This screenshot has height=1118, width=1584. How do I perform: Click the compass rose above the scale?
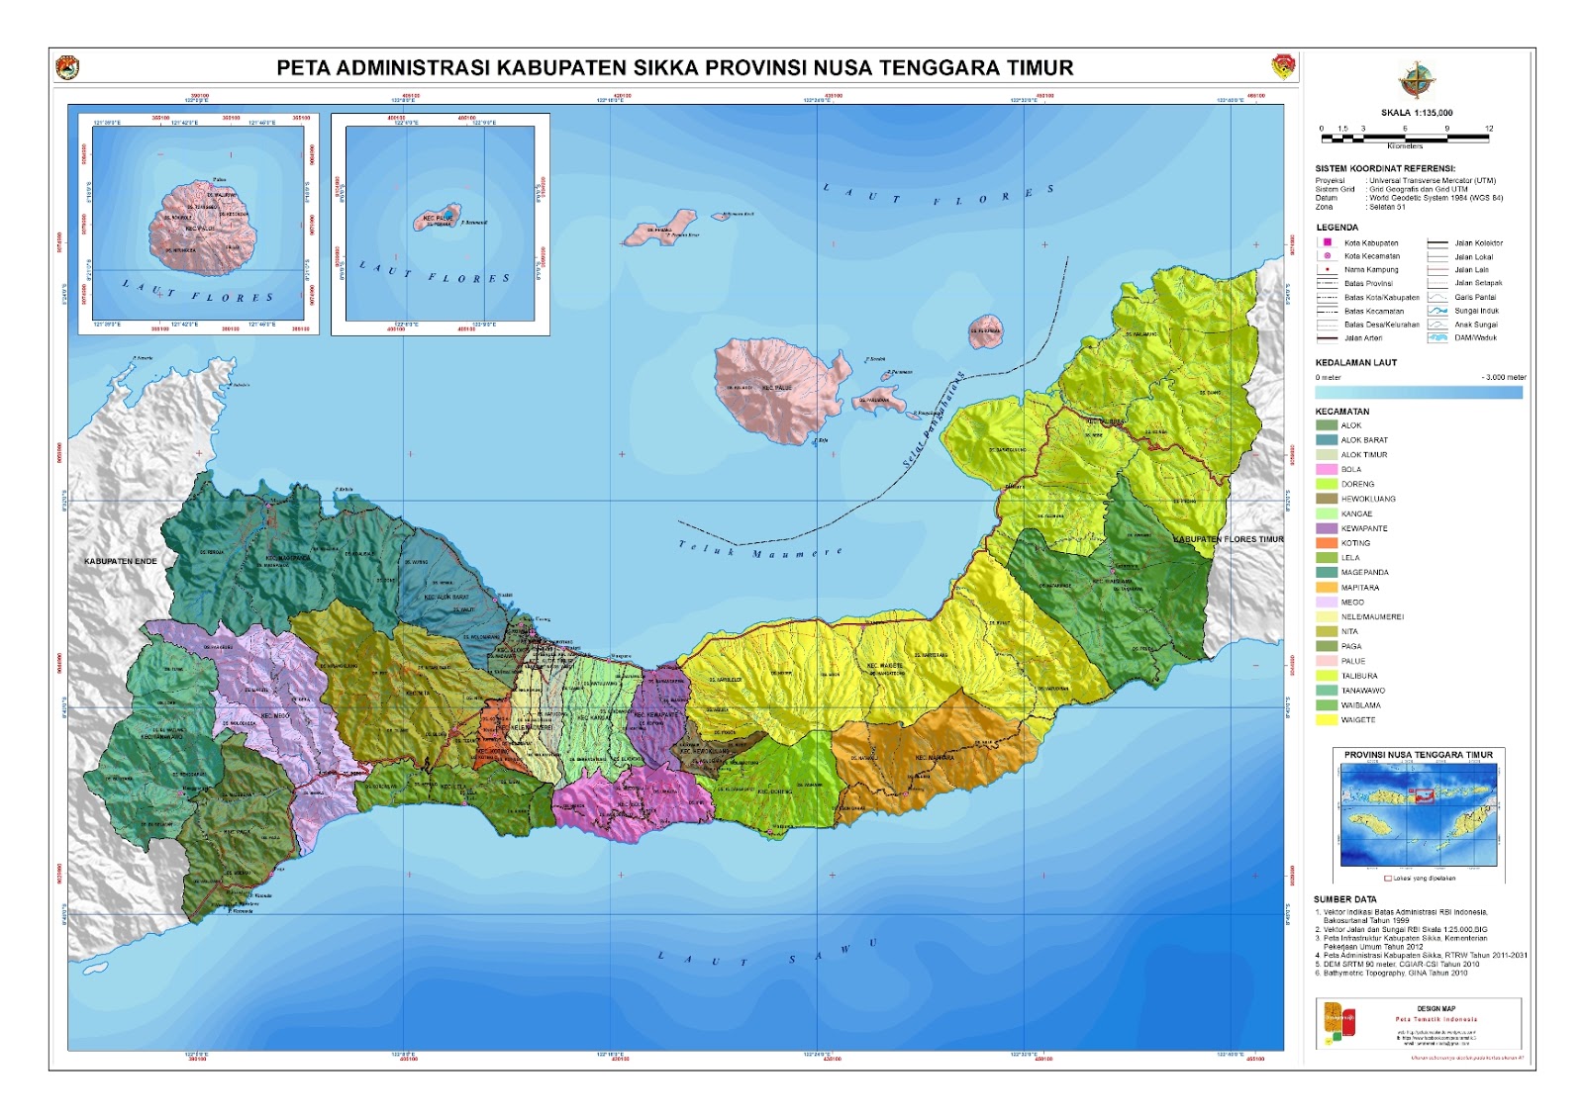pyautogui.click(x=1417, y=80)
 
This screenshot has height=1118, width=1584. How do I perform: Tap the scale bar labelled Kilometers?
pyautogui.click(x=1404, y=138)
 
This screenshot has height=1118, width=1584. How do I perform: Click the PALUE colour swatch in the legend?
pyautogui.click(x=1326, y=661)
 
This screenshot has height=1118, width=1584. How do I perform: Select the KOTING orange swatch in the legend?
pyautogui.click(x=1326, y=543)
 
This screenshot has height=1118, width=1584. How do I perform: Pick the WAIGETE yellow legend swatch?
pyautogui.click(x=1326, y=720)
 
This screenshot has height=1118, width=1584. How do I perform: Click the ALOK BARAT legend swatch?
pyautogui.click(x=1326, y=440)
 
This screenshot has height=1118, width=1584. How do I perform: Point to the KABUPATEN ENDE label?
pyautogui.click(x=121, y=561)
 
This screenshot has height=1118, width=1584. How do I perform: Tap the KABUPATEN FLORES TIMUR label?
pyautogui.click(x=1228, y=539)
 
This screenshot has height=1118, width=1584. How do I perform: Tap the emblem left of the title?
pyautogui.click(x=67, y=68)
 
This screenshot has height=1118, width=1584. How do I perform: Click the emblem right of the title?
pyautogui.click(x=1283, y=67)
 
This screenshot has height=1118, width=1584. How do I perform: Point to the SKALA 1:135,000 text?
pyautogui.click(x=1417, y=113)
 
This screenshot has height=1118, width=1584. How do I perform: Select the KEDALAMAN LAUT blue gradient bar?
pyautogui.click(x=1418, y=393)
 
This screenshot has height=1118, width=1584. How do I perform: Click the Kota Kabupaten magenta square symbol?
pyautogui.click(x=1328, y=242)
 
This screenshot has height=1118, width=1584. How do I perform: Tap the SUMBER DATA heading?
pyautogui.click(x=1344, y=899)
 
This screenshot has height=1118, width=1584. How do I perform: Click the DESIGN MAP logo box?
pyautogui.click(x=1338, y=1023)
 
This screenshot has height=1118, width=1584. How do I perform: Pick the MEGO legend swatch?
pyautogui.click(x=1326, y=603)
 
